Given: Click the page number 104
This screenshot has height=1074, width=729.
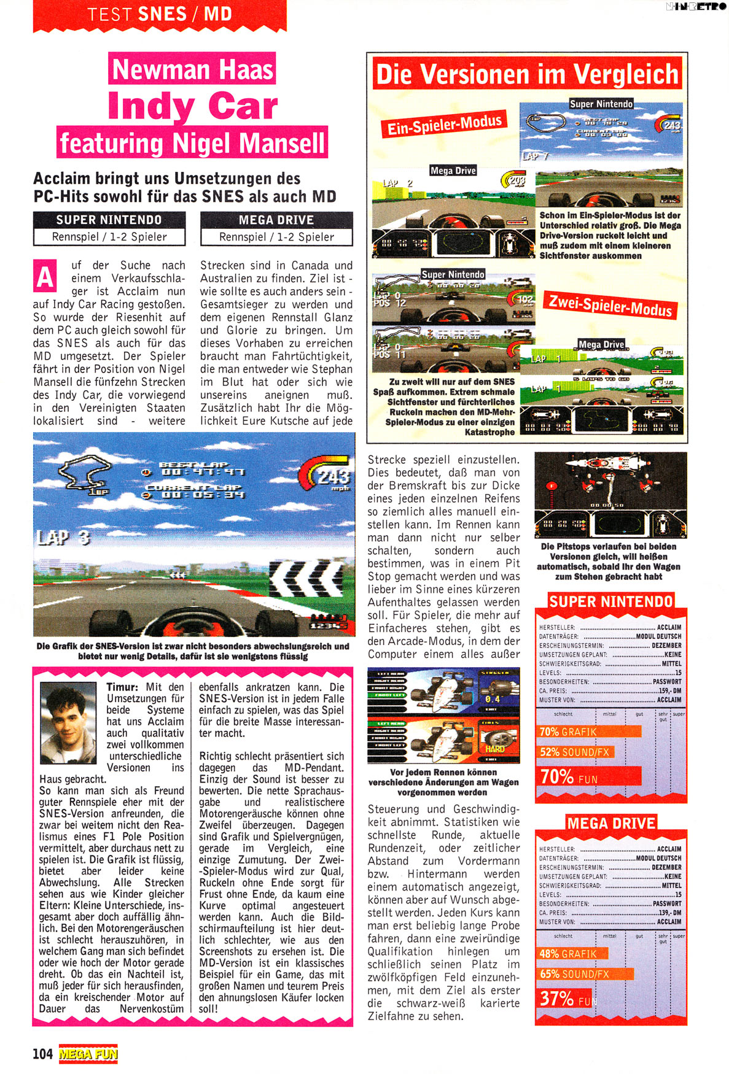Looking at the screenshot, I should [x=42, y=1054].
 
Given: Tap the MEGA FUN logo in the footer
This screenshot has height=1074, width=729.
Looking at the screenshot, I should [x=88, y=1054].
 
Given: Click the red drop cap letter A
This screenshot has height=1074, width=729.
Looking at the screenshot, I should [x=44, y=277].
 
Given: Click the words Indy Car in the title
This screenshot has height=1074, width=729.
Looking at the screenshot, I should [x=192, y=107].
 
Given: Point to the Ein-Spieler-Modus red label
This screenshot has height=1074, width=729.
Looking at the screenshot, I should [x=444, y=125].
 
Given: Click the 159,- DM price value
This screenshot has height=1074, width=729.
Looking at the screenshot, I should [x=669, y=690].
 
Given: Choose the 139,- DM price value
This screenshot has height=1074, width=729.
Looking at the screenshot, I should [x=669, y=913].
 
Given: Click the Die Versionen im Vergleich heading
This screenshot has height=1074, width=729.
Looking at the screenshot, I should [x=527, y=75].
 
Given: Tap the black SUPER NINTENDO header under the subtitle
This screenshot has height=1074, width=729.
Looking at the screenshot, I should [x=109, y=220].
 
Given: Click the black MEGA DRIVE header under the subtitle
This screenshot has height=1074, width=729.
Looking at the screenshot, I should [x=276, y=220].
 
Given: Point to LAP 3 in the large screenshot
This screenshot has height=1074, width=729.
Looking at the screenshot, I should [x=63, y=538].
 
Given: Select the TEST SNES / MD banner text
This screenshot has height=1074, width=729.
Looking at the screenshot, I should [x=160, y=14].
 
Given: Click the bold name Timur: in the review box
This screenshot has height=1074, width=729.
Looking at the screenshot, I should [x=125, y=687].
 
